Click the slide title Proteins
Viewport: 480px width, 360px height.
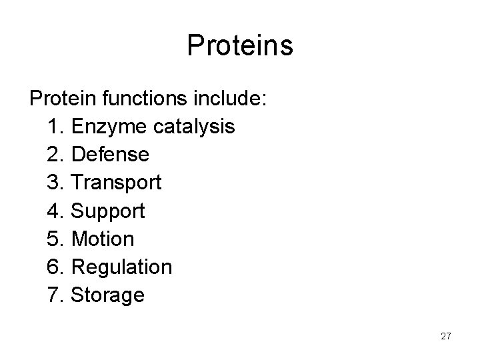240,45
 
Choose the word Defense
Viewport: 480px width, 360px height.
110,155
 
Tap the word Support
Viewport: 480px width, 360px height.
107,211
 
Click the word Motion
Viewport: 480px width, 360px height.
103,239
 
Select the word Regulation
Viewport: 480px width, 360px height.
121,267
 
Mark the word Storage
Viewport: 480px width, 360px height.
107,295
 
